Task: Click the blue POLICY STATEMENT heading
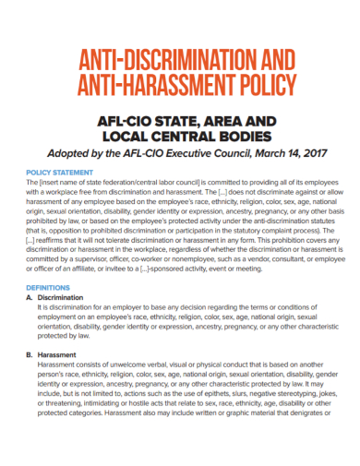61,173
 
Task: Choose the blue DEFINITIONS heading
53,288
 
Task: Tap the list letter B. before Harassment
31,355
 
